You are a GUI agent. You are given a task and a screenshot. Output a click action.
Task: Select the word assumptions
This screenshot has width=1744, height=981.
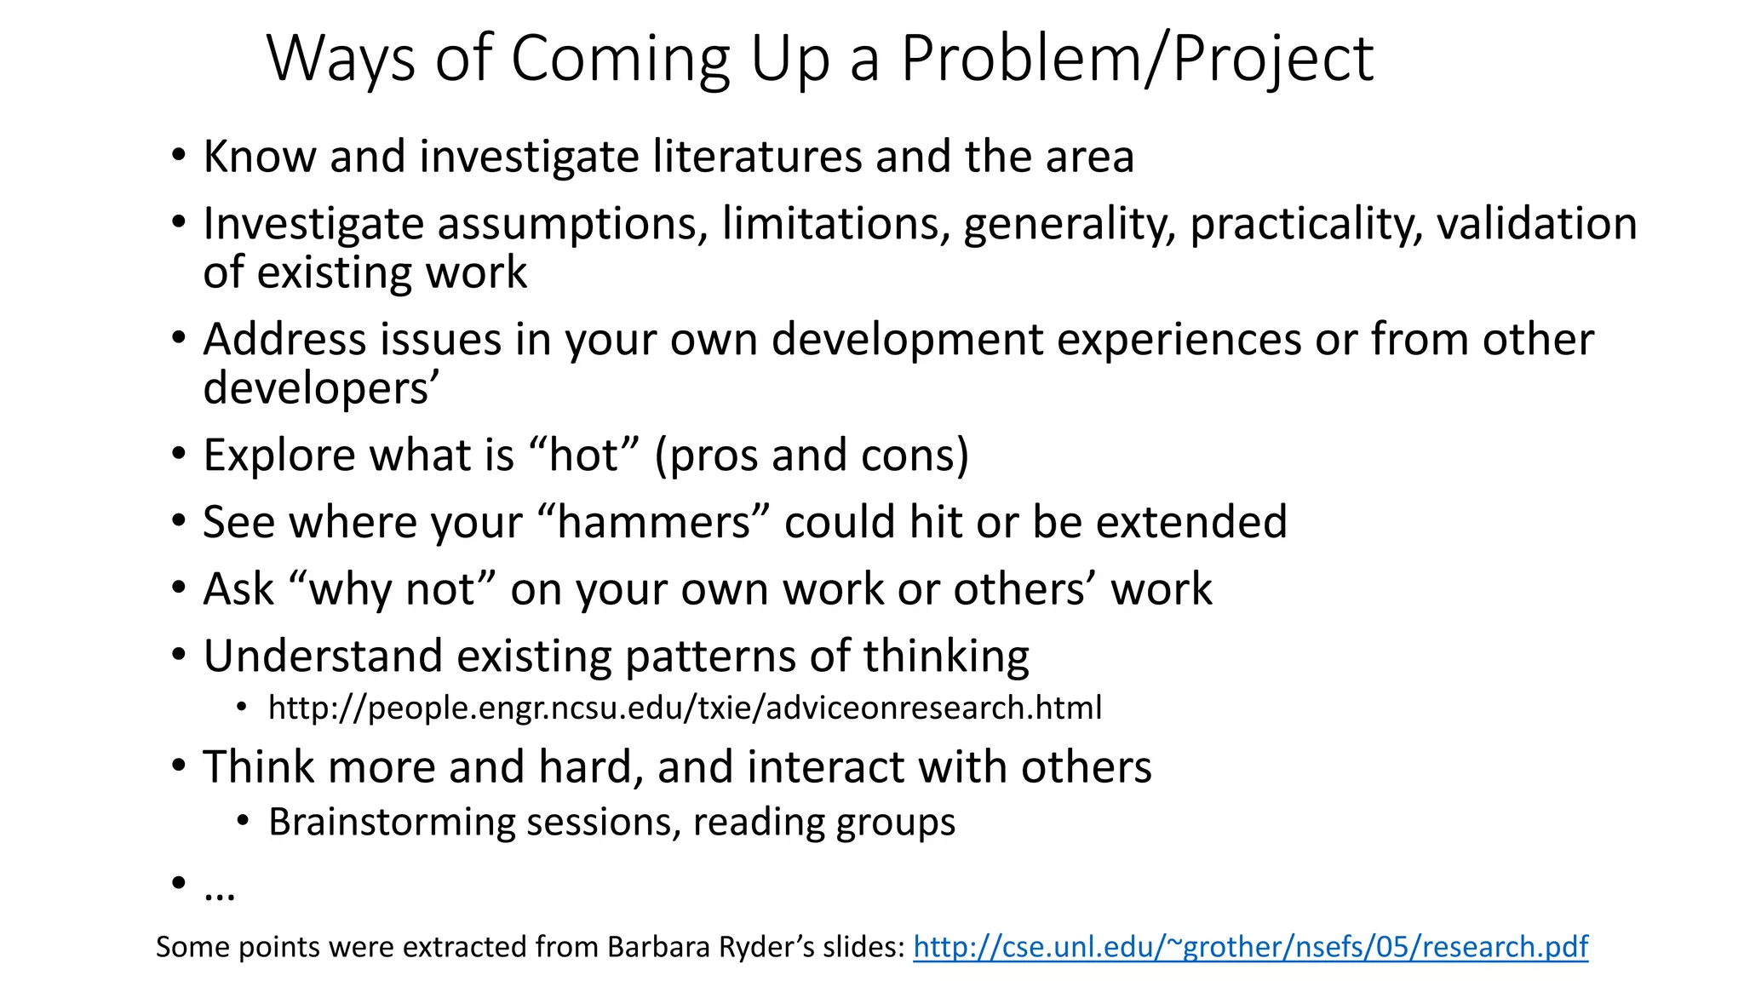(x=573, y=224)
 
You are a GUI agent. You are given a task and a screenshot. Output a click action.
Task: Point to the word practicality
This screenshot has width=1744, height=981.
(x=1305, y=224)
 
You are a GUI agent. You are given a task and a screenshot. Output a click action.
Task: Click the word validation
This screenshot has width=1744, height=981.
(x=1536, y=224)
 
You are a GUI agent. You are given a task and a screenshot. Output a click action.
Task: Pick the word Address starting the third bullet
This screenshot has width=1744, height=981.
(x=284, y=339)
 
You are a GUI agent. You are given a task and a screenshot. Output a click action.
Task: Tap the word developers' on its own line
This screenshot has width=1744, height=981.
(x=321, y=388)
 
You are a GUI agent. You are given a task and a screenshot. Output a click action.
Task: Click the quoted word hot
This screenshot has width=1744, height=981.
(x=583, y=455)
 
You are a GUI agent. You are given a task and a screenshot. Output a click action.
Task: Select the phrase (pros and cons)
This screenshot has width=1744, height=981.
(x=812, y=455)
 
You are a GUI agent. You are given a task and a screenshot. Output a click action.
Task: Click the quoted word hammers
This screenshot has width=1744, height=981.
(x=653, y=522)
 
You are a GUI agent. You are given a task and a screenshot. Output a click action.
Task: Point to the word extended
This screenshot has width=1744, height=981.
(x=1191, y=522)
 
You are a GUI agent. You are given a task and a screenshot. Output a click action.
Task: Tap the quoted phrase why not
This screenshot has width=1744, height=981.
(x=392, y=589)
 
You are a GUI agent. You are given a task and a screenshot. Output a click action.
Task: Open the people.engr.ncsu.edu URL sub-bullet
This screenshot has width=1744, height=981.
(x=685, y=708)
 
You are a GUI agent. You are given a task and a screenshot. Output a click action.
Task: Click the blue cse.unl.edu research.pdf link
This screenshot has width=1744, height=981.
(x=1250, y=947)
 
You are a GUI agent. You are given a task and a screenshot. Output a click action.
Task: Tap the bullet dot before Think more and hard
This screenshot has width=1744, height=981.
(x=178, y=766)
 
